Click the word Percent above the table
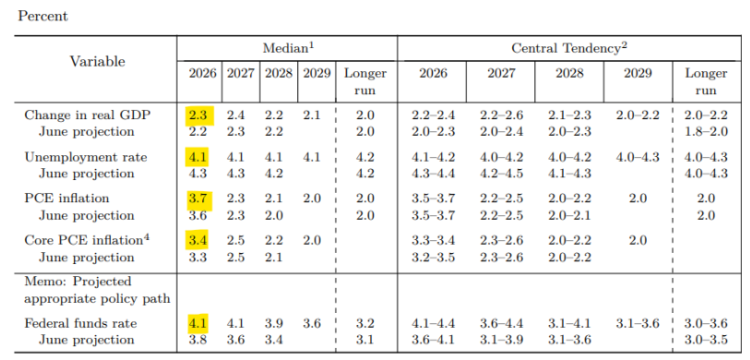click(43, 17)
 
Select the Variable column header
click(98, 61)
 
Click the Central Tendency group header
click(569, 48)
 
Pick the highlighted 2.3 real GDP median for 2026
click(198, 115)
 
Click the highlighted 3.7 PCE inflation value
click(198, 198)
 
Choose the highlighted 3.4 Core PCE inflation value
click(198, 240)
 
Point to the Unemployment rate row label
click(86, 158)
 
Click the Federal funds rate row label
click(80, 324)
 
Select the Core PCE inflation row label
click(88, 239)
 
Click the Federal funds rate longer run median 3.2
click(365, 324)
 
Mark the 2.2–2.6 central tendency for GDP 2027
click(501, 115)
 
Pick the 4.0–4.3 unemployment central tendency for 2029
click(637, 157)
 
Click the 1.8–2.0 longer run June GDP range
click(706, 132)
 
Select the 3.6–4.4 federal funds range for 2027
click(501, 324)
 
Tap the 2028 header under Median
click(279, 74)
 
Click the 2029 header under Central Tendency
click(638, 73)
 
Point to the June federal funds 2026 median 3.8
click(198, 340)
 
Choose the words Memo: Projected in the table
click(77, 282)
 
